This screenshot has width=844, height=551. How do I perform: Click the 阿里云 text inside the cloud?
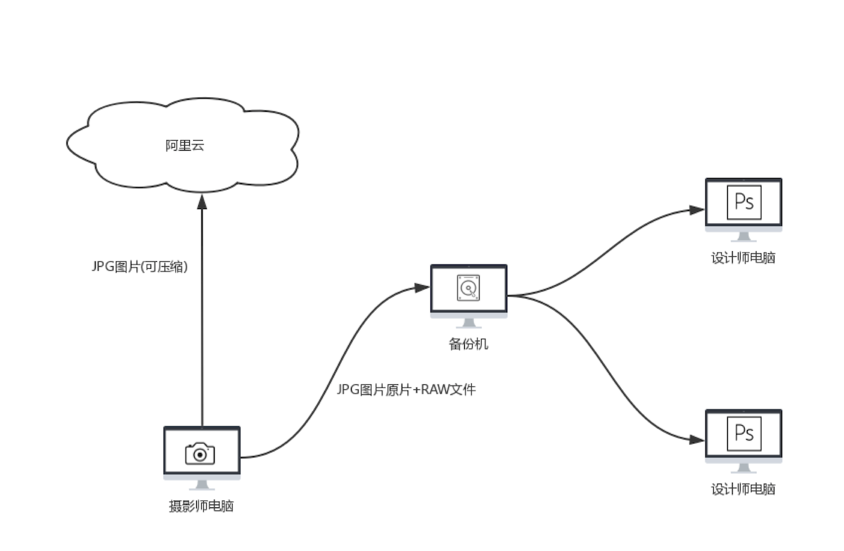[184, 146]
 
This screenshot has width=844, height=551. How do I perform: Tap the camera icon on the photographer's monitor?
[200, 454]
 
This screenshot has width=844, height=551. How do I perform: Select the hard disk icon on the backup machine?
[468, 288]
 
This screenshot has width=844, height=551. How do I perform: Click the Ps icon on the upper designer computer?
[743, 203]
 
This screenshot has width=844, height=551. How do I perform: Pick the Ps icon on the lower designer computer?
[743, 433]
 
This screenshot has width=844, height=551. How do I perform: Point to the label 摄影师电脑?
[201, 506]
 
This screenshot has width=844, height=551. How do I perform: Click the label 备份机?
[468, 345]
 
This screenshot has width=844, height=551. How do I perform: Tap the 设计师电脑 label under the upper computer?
[743, 258]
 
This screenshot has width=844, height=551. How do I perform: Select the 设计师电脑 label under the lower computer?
[743, 489]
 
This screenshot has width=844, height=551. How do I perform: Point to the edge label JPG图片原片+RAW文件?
[407, 388]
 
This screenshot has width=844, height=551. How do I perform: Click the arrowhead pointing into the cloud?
[202, 202]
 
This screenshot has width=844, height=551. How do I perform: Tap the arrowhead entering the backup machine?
[422, 287]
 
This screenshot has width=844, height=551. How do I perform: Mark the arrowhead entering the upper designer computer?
[697, 210]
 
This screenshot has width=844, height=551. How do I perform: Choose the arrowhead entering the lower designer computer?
[697, 440]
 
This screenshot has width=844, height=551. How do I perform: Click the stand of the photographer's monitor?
[202, 485]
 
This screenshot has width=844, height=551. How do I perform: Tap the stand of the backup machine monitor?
[468, 324]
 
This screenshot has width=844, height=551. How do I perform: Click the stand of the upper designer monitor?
[743, 237]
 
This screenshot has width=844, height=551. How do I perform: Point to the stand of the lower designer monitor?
[743, 468]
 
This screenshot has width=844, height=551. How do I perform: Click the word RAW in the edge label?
[427, 388]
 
